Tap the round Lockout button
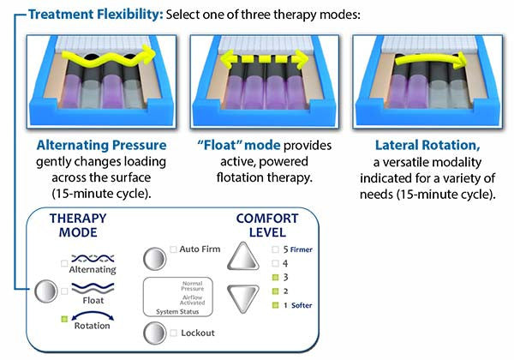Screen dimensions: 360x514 pyautogui.click(x=154, y=333)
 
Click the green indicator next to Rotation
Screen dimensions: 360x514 pyautogui.click(x=65, y=319)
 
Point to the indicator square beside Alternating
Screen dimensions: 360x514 pyautogui.click(x=65, y=262)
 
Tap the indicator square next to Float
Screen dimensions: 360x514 pyautogui.click(x=65, y=291)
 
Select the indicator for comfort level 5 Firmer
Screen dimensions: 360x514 pyautogui.click(x=274, y=250)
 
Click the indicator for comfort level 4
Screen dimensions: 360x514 pyautogui.click(x=274, y=264)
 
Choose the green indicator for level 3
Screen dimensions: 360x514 pyautogui.click(x=274, y=278)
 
